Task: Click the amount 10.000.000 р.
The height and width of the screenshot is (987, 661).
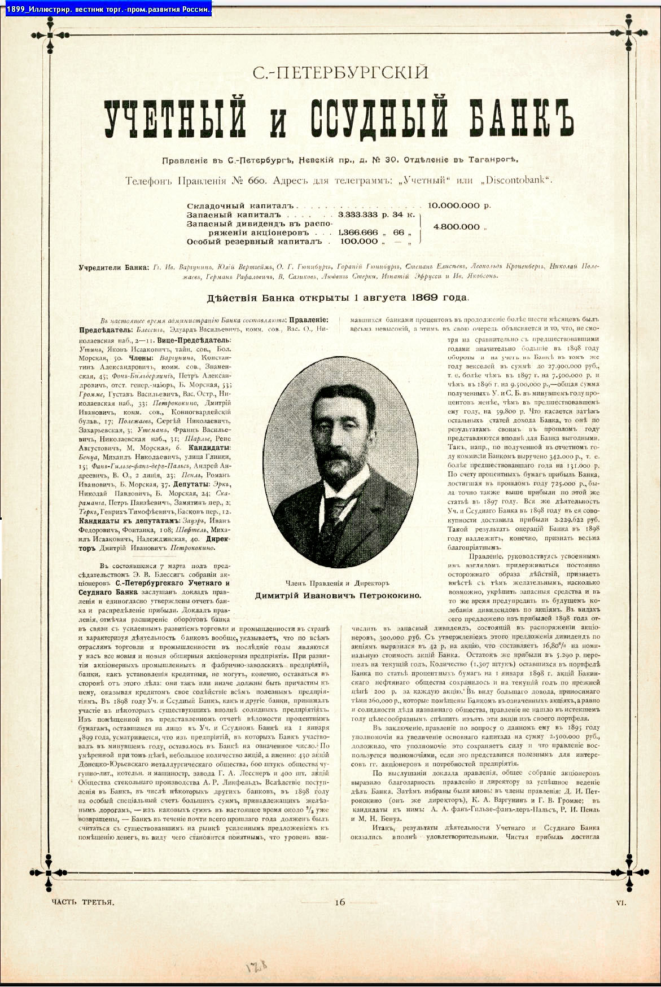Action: click(x=459, y=205)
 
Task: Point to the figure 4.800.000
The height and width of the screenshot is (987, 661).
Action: click(x=456, y=227)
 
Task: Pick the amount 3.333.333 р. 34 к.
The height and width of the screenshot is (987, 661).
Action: click(x=377, y=215)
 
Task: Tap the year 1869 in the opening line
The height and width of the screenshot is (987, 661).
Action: click(x=423, y=297)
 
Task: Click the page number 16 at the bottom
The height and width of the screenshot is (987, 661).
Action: click(x=339, y=902)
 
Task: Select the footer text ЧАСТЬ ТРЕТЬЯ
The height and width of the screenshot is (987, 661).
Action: click(x=82, y=902)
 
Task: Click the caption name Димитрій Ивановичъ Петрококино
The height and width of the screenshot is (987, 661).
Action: click(x=338, y=595)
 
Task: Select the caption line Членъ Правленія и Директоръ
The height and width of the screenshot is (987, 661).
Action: click(x=338, y=583)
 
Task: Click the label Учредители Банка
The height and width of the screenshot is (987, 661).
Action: click(x=114, y=267)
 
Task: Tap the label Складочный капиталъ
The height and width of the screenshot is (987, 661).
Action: click(x=241, y=206)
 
